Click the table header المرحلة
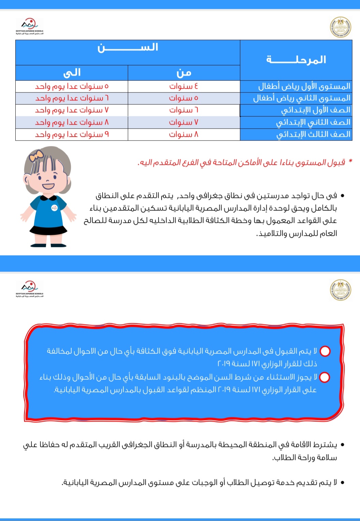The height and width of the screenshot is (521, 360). (x=296, y=60)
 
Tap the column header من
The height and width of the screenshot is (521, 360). (x=184, y=73)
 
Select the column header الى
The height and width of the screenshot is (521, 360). (x=72, y=73)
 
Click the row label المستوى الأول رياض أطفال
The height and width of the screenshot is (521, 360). (x=304, y=86)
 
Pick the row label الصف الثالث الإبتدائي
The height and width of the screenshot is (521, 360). (x=313, y=134)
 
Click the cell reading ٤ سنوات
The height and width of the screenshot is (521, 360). (x=184, y=86)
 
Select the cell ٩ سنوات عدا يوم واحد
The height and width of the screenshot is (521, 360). (x=72, y=134)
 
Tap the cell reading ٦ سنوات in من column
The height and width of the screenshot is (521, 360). (x=184, y=110)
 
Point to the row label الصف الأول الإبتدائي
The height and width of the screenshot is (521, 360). (x=315, y=110)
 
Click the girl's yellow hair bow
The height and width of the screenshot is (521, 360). (x=36, y=156)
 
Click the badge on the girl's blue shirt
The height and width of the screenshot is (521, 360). (x=54, y=207)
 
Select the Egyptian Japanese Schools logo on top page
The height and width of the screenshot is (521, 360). (x=29, y=27)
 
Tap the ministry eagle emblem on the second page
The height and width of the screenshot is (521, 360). (x=341, y=290)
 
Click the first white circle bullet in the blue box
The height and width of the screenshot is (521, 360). (x=325, y=351)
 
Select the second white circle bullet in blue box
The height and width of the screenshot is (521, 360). (x=324, y=377)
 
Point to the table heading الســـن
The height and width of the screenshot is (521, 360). (x=127, y=47)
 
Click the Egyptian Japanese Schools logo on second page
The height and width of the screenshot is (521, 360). (x=29, y=289)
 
